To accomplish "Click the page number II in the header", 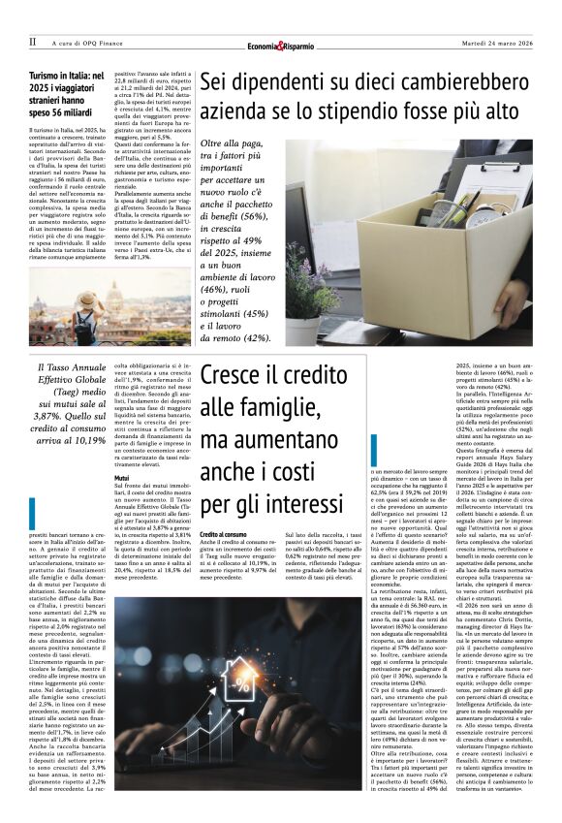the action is point(33,43).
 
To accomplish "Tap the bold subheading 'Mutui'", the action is point(122,479).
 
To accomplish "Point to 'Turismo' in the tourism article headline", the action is point(46,75).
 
